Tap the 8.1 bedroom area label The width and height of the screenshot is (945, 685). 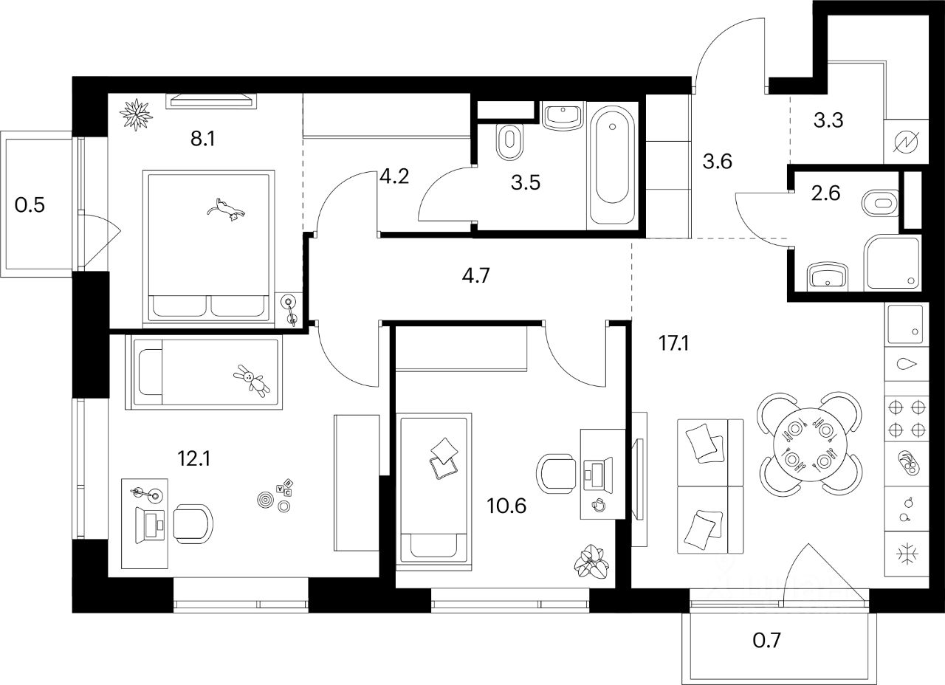pos(202,139)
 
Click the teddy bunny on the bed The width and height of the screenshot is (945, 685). pos(252,381)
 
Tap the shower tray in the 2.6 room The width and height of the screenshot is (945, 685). pos(893,262)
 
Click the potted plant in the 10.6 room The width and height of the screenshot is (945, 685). pos(592,562)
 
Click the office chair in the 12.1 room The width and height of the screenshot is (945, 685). pos(193,523)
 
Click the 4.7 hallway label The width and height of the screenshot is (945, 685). pos(475,278)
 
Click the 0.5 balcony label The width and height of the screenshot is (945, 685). pos(30,204)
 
